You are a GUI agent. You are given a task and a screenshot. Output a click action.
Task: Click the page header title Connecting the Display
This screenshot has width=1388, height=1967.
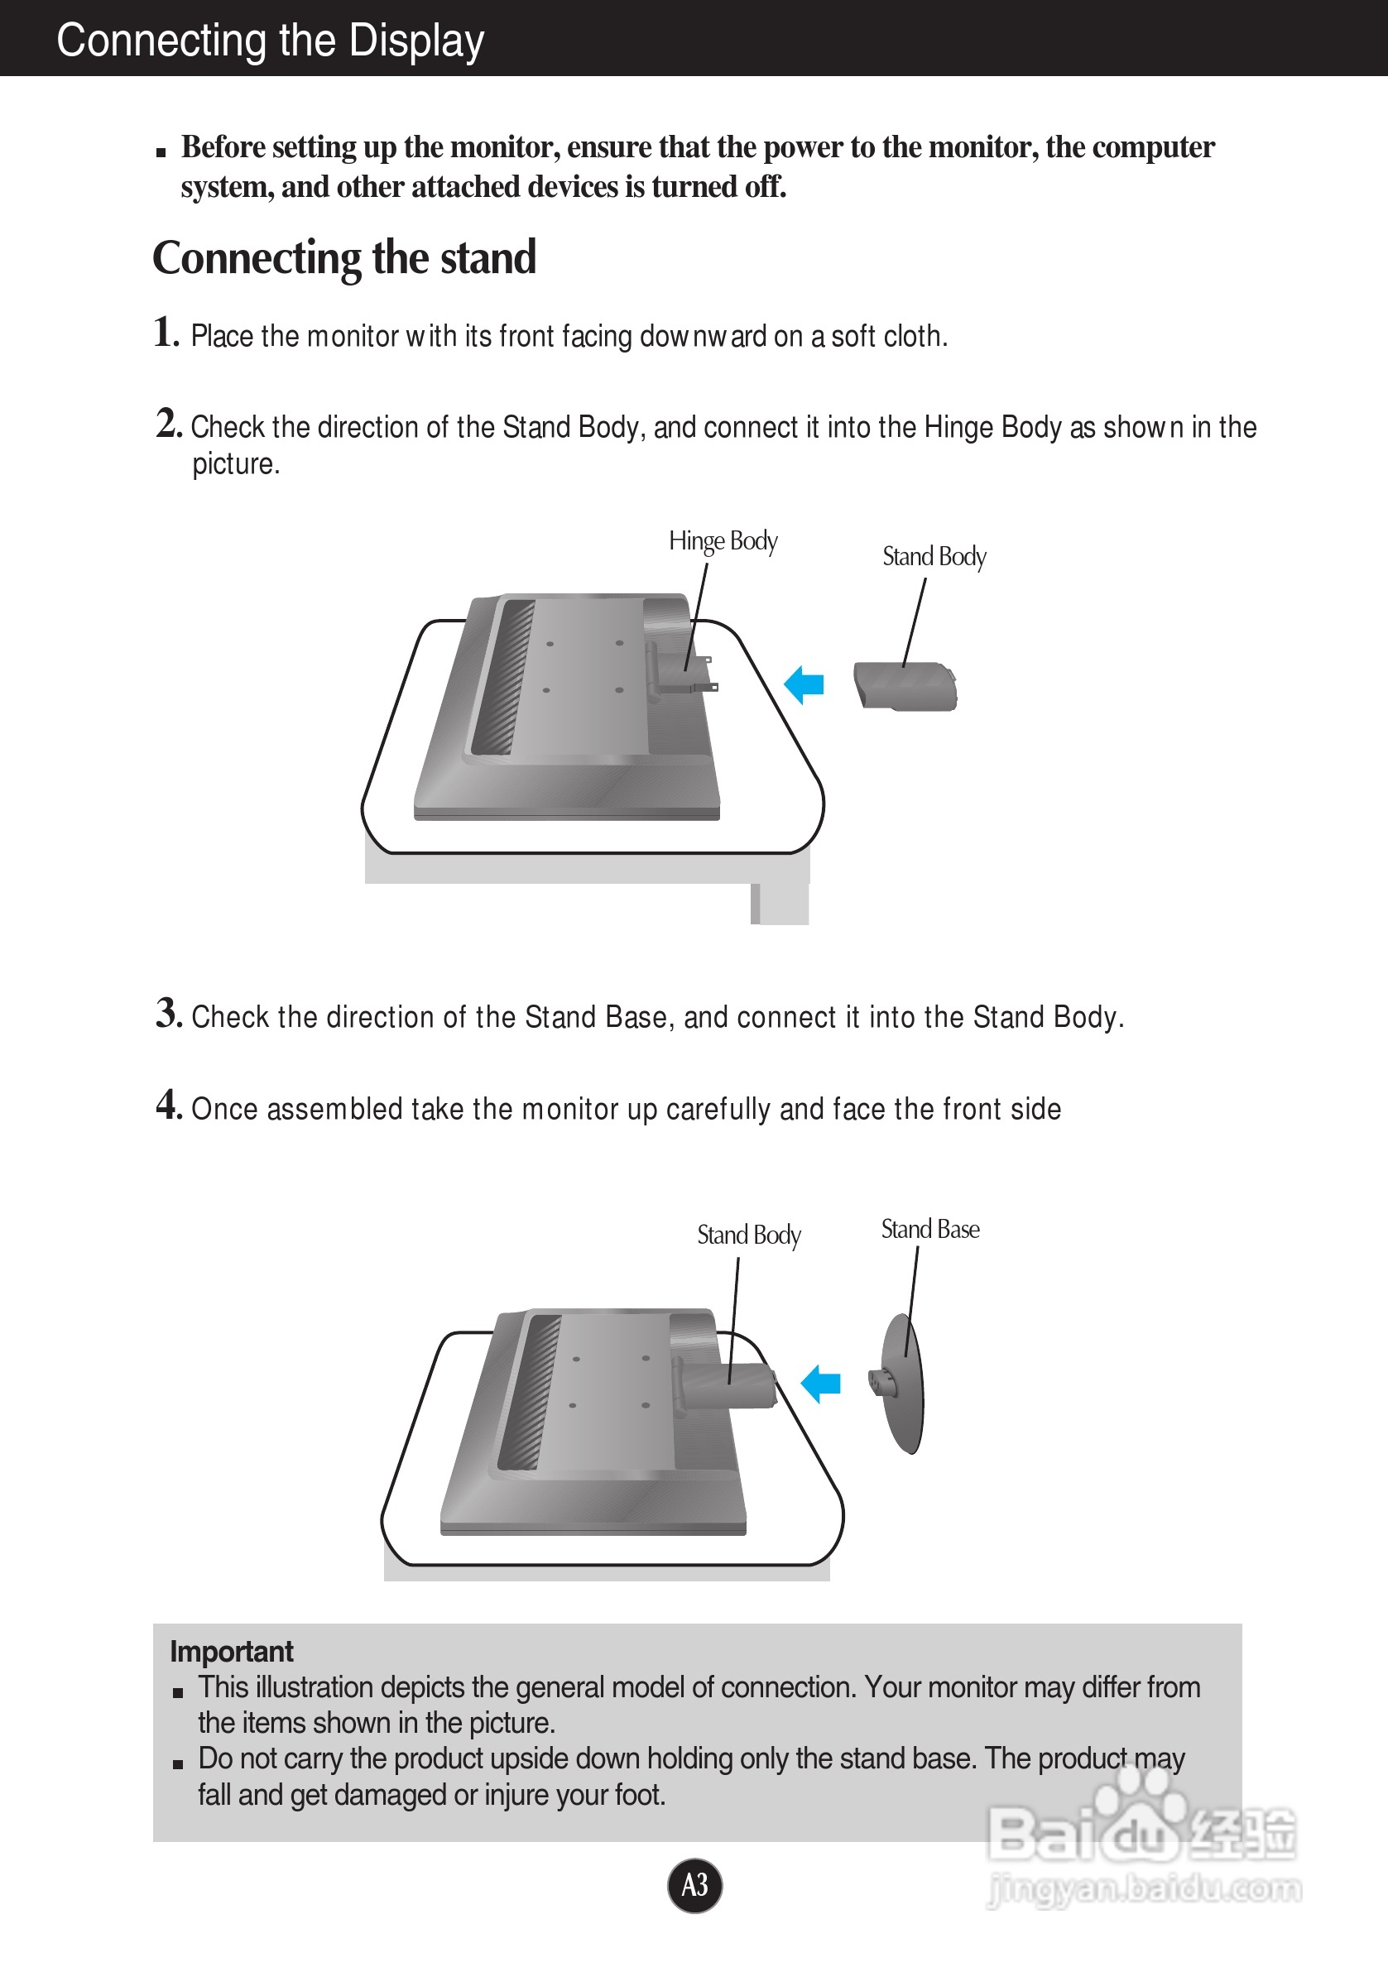[x=270, y=41]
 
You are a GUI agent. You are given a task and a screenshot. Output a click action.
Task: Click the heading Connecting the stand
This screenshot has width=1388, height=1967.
[x=344, y=257]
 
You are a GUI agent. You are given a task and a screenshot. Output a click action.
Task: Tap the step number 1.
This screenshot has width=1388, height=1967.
[x=166, y=333]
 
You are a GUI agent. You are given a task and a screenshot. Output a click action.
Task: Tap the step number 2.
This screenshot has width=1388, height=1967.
[x=168, y=423]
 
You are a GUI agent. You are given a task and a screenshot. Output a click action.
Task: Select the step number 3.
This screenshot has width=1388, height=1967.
[x=168, y=1013]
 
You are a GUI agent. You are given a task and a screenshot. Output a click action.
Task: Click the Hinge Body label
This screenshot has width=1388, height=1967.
[x=723, y=541]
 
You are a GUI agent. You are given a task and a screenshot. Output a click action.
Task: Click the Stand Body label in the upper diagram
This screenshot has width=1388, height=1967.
[x=934, y=557]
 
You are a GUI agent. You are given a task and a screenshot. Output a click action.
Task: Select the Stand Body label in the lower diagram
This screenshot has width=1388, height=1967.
[x=749, y=1235]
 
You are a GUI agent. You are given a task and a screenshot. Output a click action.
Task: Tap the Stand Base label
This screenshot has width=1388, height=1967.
[x=930, y=1230]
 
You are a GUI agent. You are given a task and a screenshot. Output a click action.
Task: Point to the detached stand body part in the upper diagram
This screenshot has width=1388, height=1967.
[x=905, y=686]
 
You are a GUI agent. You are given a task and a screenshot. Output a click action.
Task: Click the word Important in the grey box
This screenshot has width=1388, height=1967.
[x=232, y=1651]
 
